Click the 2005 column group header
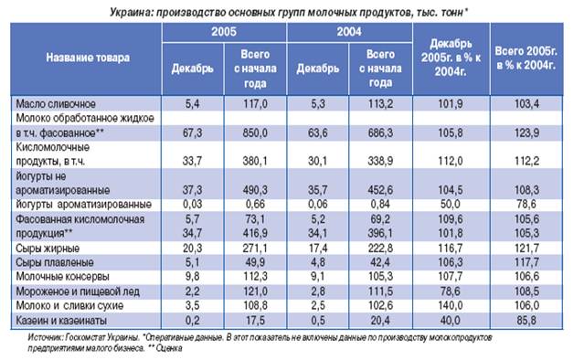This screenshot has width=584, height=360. tap(224, 32)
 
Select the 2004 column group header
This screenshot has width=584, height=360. tap(349, 32)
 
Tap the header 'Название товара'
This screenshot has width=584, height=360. tap(88, 58)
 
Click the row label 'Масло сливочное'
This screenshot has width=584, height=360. tap(56, 104)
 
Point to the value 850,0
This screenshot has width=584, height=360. tap(255, 132)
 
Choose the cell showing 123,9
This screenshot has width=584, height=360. tap(526, 132)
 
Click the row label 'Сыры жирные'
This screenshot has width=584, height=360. tap(48, 249)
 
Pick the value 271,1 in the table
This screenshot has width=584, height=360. tap(255, 249)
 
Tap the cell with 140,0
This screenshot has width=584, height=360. tap(451, 306)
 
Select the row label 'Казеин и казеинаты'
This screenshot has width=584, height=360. tap(61, 320)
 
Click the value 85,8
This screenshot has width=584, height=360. tap(526, 320)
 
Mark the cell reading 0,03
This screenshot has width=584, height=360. tap(192, 205)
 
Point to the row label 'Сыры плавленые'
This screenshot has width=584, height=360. tap(54, 262)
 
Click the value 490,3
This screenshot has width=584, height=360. tap(255, 190)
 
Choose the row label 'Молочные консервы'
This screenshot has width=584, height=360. tap(62, 277)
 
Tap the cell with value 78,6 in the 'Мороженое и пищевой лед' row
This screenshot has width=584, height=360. tap(451, 291)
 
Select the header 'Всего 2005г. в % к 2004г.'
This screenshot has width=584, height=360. tap(526, 58)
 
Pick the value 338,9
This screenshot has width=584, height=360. tap(380, 161)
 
